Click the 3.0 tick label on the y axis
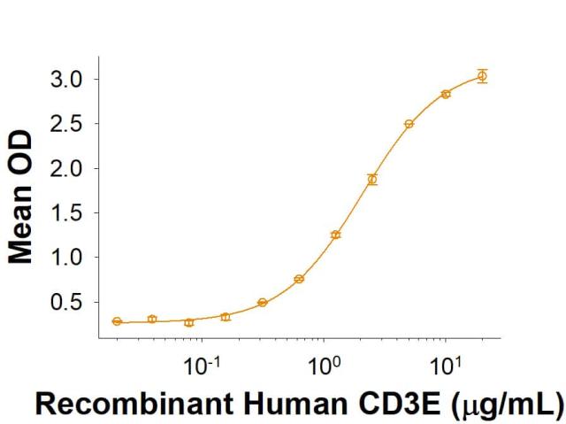[65, 80]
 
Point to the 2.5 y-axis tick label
[65, 124]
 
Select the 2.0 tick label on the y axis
[65, 168]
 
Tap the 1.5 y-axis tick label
[65, 213]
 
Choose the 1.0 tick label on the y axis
[65, 258]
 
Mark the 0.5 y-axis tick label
[65, 303]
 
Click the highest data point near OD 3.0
[482, 76]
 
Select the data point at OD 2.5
[409, 124]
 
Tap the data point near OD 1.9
[372, 179]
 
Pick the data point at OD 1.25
[336, 235]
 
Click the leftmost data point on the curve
[117, 321]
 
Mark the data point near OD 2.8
[446, 94]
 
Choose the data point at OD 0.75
[299, 279]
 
